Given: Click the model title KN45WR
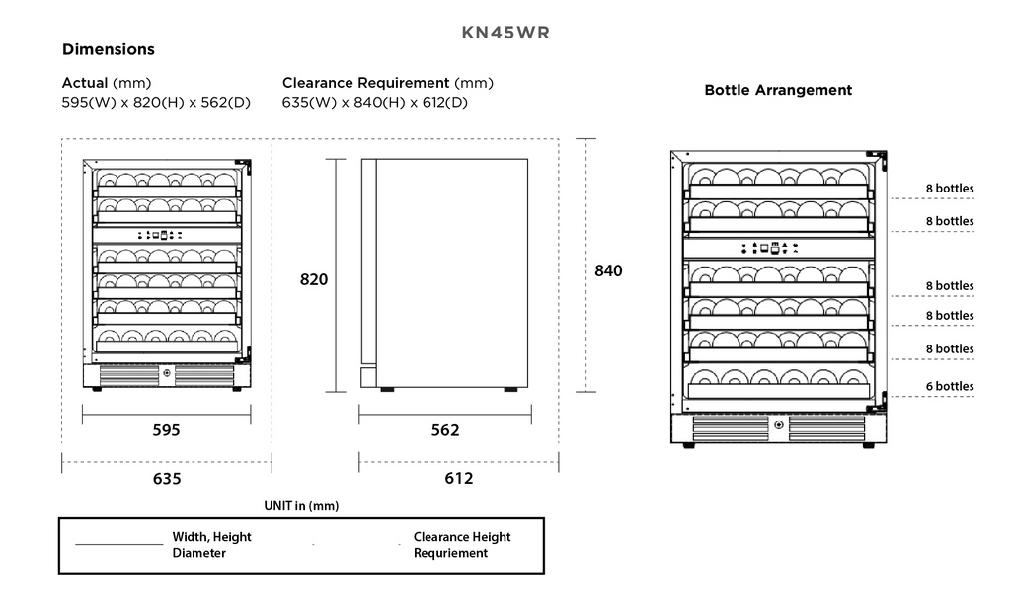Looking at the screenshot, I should click(505, 32).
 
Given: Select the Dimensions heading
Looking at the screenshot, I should click(109, 49).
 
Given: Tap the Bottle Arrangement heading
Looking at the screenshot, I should click(778, 90).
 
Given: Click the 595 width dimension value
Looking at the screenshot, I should click(167, 430).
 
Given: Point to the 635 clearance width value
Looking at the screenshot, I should click(167, 479).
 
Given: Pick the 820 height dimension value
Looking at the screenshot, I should click(314, 280).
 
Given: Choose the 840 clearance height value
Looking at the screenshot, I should click(608, 270).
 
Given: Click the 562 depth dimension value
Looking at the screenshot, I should click(445, 430).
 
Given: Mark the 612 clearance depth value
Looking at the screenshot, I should click(458, 479).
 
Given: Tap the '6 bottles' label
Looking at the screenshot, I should click(950, 386).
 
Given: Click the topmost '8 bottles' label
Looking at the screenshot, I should click(950, 189).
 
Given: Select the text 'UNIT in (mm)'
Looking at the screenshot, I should click(301, 506).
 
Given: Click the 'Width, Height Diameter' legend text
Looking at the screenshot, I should click(211, 545).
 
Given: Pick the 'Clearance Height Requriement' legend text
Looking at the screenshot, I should click(462, 545).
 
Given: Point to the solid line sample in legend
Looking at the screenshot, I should click(118, 544).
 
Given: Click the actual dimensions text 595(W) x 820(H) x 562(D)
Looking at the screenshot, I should click(156, 103).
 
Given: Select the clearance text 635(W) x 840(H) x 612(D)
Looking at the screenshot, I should click(375, 103).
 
